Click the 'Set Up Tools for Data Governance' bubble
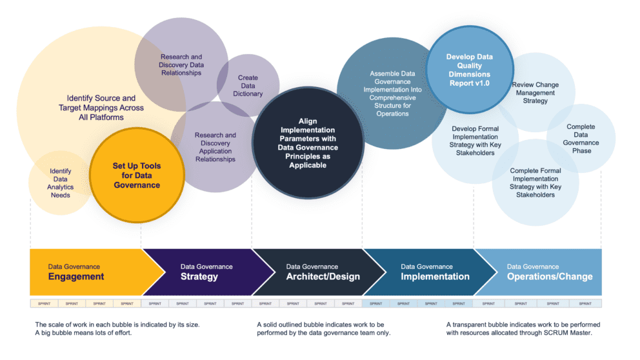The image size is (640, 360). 136,175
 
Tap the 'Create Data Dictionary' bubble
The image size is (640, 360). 250,86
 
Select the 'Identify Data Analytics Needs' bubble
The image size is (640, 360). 61,183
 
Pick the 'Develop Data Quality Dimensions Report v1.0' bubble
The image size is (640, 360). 469,70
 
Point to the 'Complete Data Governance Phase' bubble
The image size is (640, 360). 581,139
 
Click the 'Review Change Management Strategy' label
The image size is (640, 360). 535,93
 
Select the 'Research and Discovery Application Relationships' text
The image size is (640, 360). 215,147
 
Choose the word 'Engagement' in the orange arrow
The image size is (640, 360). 75,277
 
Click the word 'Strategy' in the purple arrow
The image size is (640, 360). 199,277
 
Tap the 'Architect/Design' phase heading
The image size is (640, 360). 323,277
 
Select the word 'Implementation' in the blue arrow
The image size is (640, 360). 435,277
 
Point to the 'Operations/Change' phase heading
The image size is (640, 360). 549,277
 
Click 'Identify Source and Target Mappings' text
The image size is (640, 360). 101,108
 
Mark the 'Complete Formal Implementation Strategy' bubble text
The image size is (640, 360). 535,183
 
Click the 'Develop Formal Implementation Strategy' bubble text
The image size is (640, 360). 476,141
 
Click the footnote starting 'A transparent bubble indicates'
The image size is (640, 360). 523,328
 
